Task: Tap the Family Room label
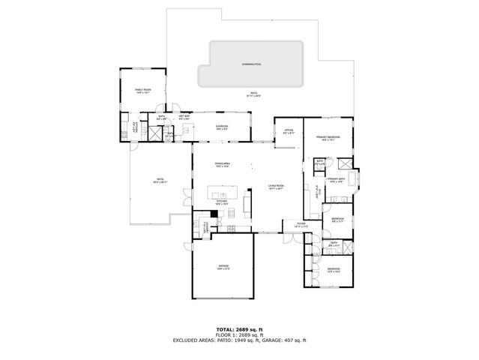click(142, 91)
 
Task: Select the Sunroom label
click(222, 127)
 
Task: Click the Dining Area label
click(222, 164)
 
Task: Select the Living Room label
click(277, 187)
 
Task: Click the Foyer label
click(301, 224)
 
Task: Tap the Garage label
click(223, 267)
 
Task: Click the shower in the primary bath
click(346, 165)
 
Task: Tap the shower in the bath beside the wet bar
click(155, 135)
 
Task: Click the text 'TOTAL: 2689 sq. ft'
click(239, 329)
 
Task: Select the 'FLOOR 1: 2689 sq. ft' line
click(239, 335)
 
